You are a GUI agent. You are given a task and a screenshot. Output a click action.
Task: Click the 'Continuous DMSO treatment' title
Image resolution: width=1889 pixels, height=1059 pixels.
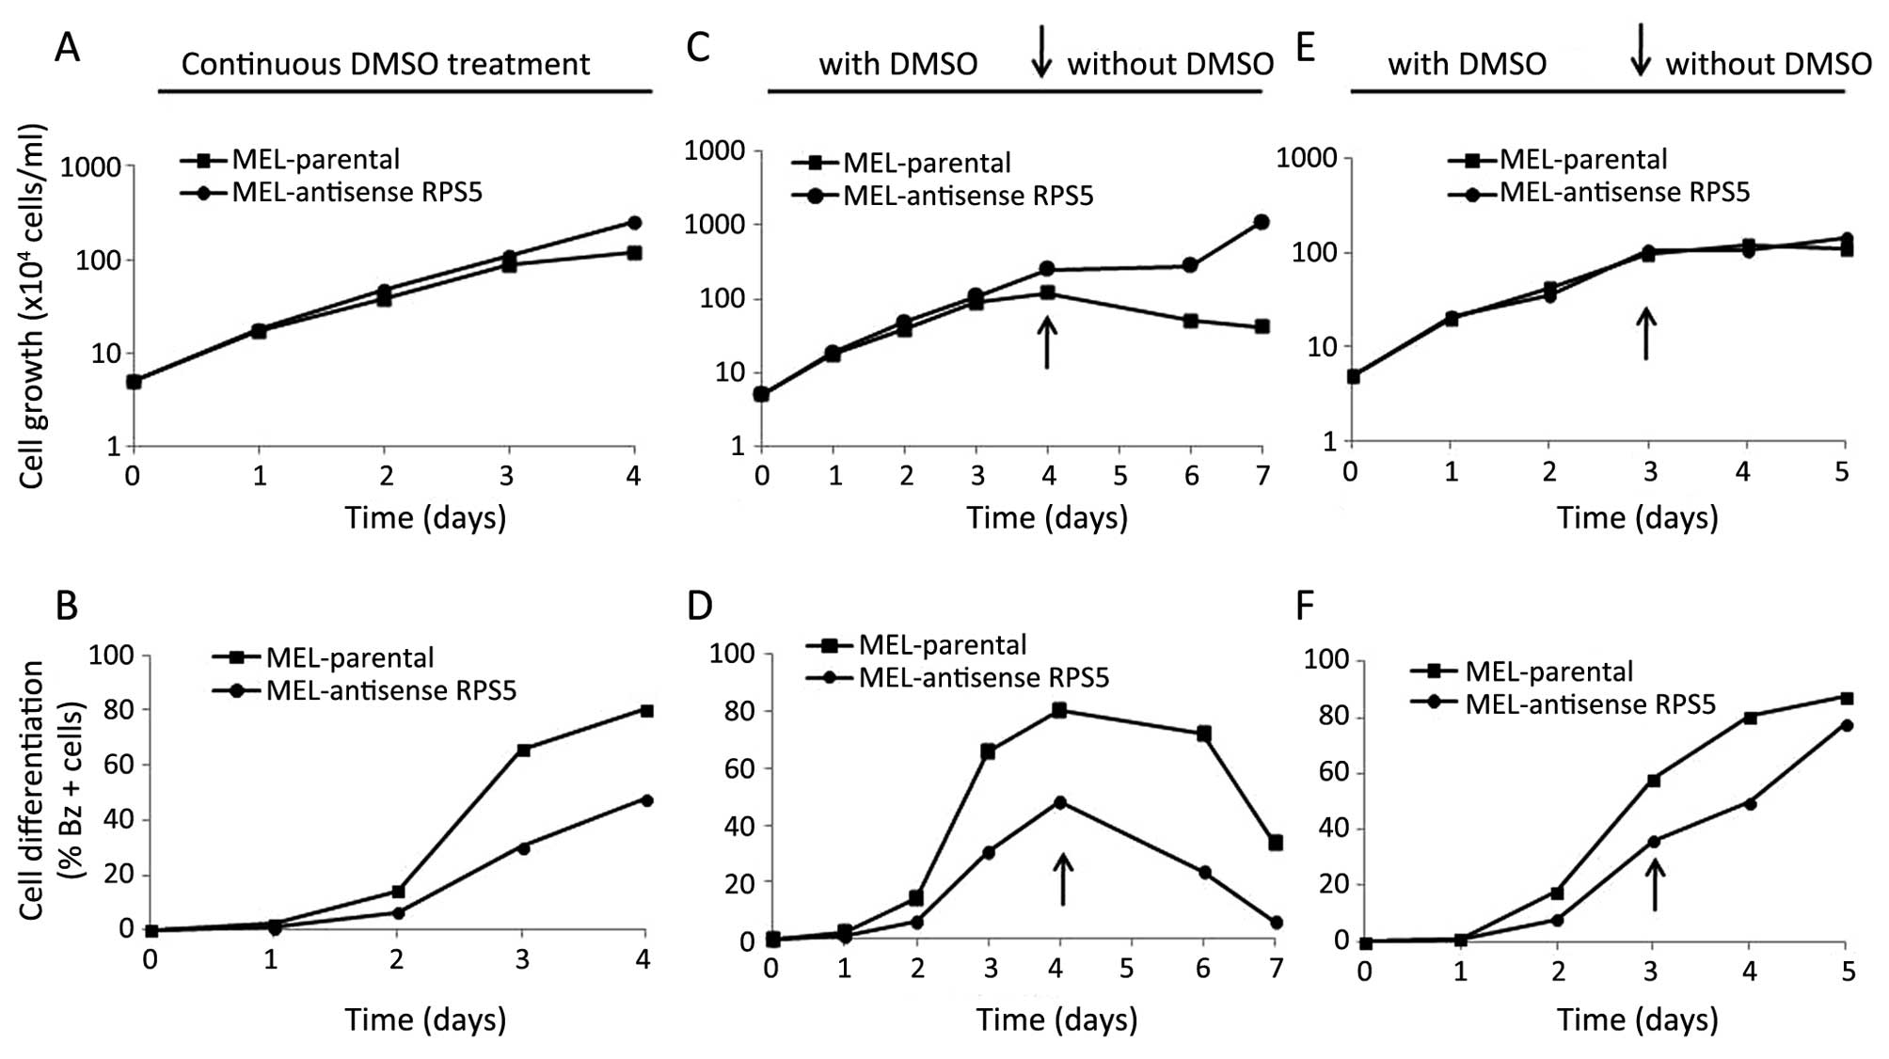coord(386,64)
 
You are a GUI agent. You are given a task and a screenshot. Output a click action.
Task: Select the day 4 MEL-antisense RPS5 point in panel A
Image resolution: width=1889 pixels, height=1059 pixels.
coord(634,223)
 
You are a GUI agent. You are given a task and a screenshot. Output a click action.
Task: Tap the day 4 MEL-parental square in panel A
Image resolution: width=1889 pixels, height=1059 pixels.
coord(634,253)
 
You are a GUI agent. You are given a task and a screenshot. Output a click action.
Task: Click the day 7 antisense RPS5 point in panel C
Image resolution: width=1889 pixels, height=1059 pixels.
coord(1262,222)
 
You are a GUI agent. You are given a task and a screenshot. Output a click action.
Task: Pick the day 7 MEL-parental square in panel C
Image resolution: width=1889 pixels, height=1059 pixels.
coord(1262,326)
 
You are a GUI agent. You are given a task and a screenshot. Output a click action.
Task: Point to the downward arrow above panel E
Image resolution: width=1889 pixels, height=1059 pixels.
coord(1640,50)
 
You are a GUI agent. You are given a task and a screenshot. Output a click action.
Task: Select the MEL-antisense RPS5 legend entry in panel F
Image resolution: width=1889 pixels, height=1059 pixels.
coord(1590,703)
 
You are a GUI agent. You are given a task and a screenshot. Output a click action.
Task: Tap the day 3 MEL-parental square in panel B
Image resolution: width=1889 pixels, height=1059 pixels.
coord(523,750)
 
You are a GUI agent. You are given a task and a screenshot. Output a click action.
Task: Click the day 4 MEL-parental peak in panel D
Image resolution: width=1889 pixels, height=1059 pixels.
coord(1059,710)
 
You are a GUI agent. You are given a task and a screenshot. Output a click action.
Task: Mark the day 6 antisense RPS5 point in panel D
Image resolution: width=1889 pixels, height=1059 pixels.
coord(1203,873)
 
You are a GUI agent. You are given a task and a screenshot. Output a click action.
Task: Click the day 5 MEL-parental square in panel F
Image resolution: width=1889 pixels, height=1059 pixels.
coord(1845,698)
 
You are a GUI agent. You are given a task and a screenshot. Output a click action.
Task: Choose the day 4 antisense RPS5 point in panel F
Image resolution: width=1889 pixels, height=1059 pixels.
coord(1750,803)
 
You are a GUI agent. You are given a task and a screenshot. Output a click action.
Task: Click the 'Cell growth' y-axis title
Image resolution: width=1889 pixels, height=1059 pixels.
coord(33,306)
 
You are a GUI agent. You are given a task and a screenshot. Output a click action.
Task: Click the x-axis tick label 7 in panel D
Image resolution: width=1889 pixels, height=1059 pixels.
coord(1276,968)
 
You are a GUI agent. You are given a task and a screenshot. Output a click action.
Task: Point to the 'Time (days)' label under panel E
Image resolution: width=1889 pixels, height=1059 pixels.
coord(1637,517)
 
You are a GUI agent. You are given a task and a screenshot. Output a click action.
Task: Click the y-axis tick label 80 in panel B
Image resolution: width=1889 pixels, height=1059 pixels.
coord(119,709)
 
